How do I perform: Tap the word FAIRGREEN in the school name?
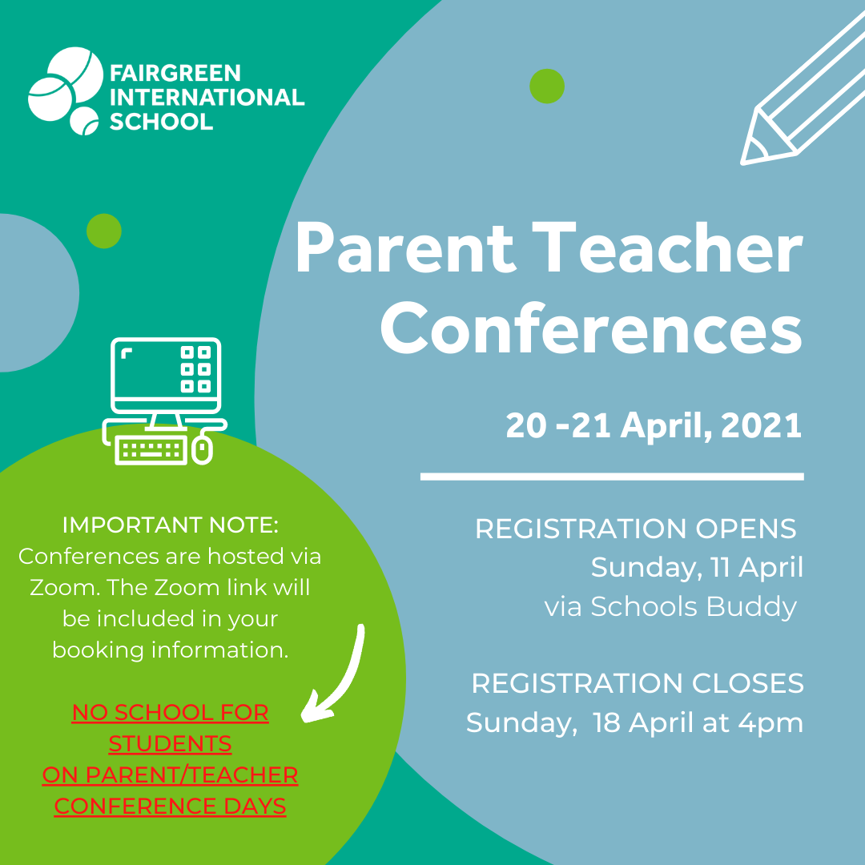coord(175,73)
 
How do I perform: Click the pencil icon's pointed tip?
coord(742,163)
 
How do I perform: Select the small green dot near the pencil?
coord(547,86)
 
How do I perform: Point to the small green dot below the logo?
coord(103,231)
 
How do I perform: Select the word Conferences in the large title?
coord(591,328)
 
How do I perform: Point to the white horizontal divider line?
coord(612,477)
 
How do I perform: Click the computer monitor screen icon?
coord(166,376)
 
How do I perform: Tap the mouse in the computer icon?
coord(203,449)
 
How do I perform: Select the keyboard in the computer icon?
coord(150,450)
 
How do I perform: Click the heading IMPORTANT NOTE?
coord(171,525)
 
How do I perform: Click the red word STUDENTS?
coord(170,743)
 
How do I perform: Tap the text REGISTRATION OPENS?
coord(635,529)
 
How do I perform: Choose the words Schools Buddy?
coord(694,606)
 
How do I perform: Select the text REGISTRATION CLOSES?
coord(638,683)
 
